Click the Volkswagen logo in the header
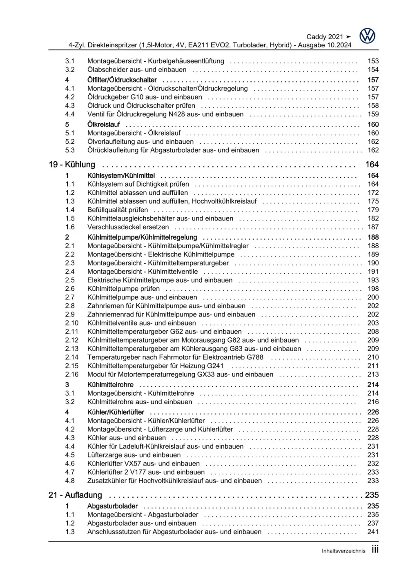(x=367, y=36)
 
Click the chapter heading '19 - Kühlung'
(x=72, y=165)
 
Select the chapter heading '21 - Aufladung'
(x=75, y=495)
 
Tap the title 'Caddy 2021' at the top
(x=325, y=37)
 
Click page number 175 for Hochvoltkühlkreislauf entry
(x=373, y=201)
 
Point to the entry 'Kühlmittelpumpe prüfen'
(x=123, y=289)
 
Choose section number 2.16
(x=71, y=374)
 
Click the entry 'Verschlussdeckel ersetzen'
(x=128, y=227)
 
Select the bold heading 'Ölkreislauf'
(x=104, y=125)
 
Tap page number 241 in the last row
(x=373, y=532)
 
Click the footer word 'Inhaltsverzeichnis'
(x=343, y=551)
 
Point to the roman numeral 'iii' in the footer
(x=375, y=550)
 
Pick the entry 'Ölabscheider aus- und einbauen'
(x=137, y=70)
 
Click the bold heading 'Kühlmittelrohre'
(x=110, y=385)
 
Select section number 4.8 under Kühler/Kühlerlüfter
(x=70, y=481)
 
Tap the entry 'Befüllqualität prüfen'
(x=118, y=210)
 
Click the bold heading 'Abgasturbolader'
(x=112, y=506)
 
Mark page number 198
(x=373, y=289)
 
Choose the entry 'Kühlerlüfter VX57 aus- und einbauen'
(x=143, y=463)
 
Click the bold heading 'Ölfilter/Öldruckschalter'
(x=122, y=80)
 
